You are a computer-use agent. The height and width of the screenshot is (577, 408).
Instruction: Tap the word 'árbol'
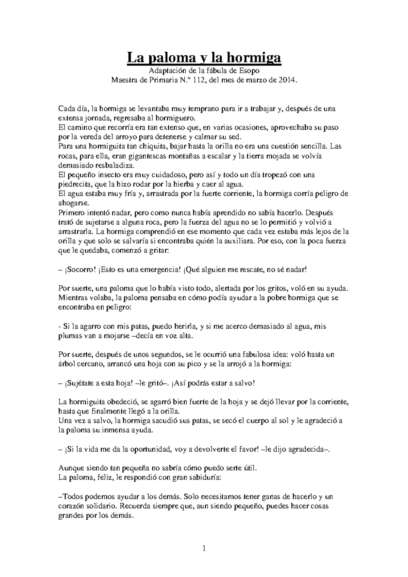67,364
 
